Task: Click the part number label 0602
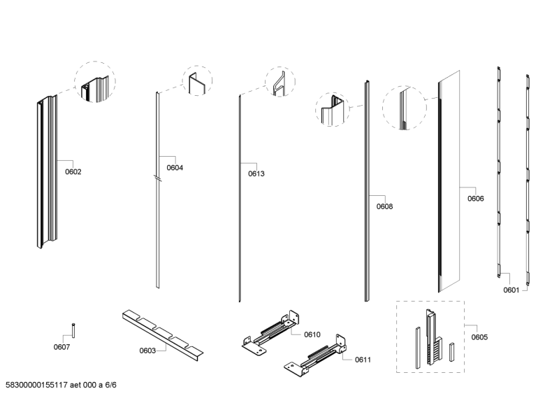coord(73,171)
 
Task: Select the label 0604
coord(175,168)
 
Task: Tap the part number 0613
coord(256,174)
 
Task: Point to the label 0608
coord(384,206)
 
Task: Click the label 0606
coord(475,199)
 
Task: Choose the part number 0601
coord(511,290)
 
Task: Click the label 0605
coord(479,337)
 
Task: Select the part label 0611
coord(363,360)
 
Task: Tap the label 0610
coord(312,334)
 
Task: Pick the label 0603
coord(147,350)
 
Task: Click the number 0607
coord(62,346)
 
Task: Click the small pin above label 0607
coord(73,328)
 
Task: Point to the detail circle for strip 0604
coord(196,82)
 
